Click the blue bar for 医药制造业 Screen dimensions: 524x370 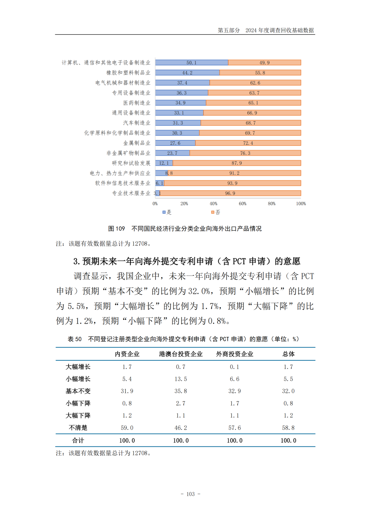181,103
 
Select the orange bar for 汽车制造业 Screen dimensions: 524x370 251,123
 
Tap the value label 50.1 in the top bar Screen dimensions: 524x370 192,63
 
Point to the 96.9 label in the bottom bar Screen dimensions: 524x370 230,193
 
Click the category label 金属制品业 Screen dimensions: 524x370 137,143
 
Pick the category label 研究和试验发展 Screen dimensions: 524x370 131,163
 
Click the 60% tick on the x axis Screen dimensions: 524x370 243,203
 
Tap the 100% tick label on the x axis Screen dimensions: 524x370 301,203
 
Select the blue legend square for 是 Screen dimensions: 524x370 164,212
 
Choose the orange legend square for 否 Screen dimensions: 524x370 213,212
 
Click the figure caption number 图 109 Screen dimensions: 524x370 116,229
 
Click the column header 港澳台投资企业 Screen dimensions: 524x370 181,354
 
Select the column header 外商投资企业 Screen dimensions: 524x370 235,354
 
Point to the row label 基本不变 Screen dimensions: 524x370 78,391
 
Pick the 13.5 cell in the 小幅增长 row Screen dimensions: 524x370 181,379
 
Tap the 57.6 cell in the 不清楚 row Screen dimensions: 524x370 235,428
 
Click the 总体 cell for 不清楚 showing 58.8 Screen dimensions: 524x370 288,428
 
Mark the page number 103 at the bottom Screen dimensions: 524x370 190,494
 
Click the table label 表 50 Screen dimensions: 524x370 75,339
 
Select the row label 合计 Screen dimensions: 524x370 78,441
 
